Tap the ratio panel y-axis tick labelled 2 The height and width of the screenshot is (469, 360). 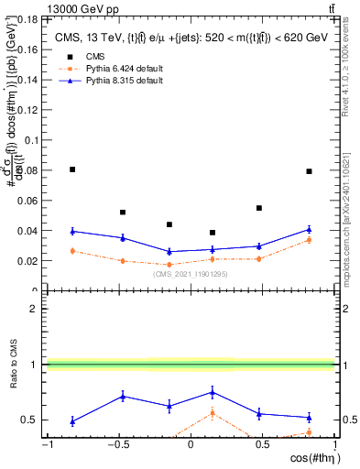coord(33,309)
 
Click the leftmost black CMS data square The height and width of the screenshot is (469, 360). coord(72,169)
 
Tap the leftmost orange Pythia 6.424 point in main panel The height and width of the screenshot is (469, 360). coord(72,250)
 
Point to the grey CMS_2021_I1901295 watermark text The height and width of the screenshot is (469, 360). coord(190,273)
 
